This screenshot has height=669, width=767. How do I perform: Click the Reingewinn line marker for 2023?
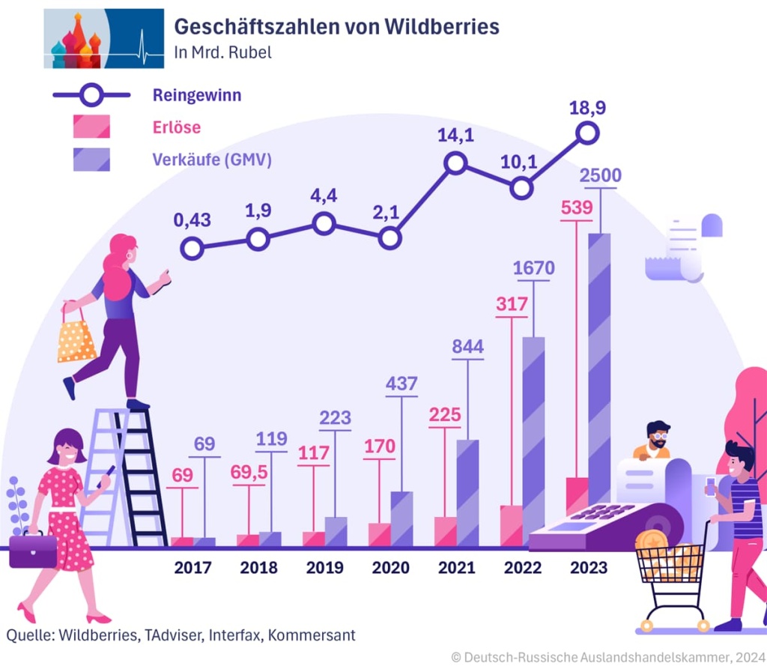(x=588, y=133)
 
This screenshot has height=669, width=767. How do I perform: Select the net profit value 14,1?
(x=456, y=136)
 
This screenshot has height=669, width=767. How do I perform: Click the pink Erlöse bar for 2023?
(x=577, y=495)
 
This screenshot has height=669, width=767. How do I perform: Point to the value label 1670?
(x=533, y=268)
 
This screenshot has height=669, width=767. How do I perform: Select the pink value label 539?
(x=577, y=208)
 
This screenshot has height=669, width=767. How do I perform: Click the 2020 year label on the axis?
(x=390, y=567)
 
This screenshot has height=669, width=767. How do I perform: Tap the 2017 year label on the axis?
(x=193, y=567)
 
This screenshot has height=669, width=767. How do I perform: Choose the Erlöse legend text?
(x=177, y=127)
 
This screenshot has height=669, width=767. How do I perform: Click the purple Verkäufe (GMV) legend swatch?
(x=91, y=160)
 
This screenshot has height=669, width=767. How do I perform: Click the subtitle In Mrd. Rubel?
(x=212, y=53)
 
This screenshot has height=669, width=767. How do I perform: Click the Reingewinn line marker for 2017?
(x=192, y=249)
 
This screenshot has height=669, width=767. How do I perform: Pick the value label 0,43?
(x=192, y=220)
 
